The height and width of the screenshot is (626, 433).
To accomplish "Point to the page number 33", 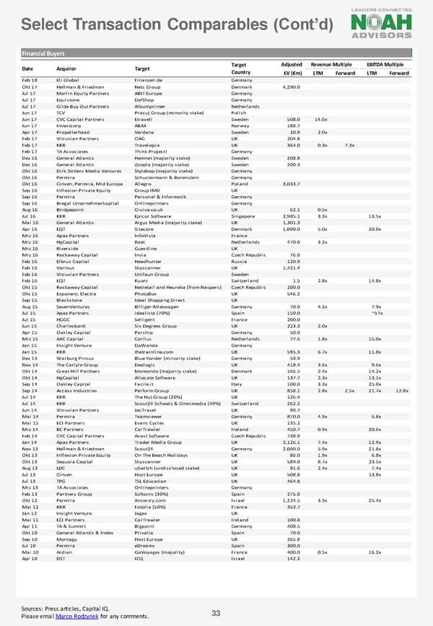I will point(215,614).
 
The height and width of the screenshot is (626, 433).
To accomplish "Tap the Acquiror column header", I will point(68,69).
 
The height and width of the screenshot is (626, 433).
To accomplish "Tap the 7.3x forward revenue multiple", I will point(349,145).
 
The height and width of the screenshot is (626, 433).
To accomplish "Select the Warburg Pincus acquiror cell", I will point(76,359).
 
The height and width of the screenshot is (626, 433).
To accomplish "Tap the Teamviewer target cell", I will point(150,417).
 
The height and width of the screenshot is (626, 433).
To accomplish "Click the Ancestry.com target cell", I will point(152,501).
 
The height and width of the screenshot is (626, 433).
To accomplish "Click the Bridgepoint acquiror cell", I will point(72,210).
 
